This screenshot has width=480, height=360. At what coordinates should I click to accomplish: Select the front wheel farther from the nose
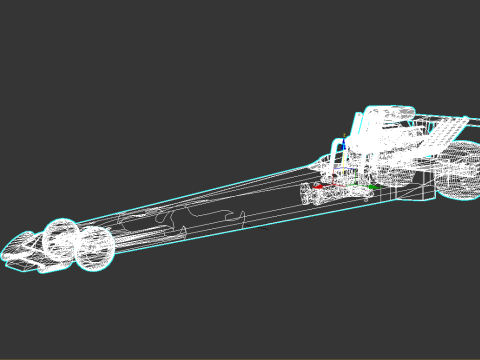tap(95, 249)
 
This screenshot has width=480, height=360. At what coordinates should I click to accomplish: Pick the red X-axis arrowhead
tap(318, 185)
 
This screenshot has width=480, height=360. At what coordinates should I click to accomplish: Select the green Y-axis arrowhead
tap(372, 186)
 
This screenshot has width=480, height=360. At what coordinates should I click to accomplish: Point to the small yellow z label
tap(345, 134)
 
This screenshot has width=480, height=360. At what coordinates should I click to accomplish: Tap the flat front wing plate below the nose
tap(22, 263)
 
